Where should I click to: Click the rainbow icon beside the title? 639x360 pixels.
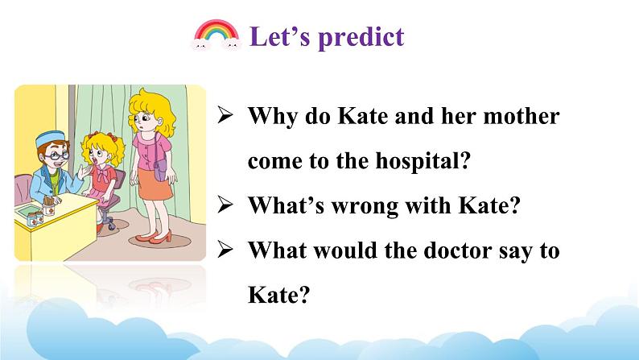tap(216, 35)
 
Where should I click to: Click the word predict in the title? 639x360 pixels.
tap(361, 38)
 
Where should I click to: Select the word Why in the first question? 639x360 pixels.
tap(273, 117)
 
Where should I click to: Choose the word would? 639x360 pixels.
tap(344, 250)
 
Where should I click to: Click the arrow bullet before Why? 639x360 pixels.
tap(225, 115)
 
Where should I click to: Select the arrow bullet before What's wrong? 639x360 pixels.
tap(225, 205)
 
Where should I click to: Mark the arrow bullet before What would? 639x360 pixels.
tap(225, 249)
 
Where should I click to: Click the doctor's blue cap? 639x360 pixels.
tap(50, 139)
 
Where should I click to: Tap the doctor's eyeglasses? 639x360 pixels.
tap(56, 155)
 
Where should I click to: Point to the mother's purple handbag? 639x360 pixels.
tap(160, 170)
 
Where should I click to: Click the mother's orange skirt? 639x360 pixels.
tap(155, 184)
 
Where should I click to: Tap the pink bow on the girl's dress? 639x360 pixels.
tap(102, 175)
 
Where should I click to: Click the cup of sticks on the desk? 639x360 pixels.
tap(48, 206)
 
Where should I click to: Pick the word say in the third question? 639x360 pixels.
tap(516, 251)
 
